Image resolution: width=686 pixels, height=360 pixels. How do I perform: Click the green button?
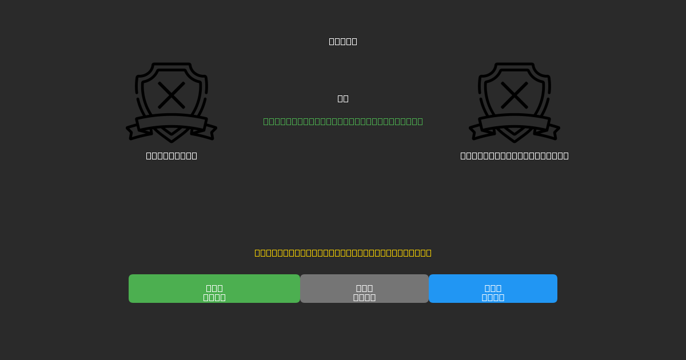click(x=214, y=289)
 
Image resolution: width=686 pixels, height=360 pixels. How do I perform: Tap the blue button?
click(x=493, y=289)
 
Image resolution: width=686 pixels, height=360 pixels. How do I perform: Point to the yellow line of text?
click(x=343, y=253)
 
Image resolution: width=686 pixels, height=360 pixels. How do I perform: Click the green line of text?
click(x=343, y=121)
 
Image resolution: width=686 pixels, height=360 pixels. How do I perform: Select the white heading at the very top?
click(x=343, y=41)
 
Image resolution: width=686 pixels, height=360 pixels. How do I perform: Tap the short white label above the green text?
click(x=343, y=98)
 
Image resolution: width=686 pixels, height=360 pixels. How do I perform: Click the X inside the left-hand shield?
click(x=171, y=95)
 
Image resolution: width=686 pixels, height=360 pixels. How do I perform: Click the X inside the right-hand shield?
click(x=514, y=95)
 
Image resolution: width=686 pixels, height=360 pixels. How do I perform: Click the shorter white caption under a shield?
click(x=171, y=155)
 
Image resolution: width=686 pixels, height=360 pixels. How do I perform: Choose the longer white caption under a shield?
click(x=514, y=155)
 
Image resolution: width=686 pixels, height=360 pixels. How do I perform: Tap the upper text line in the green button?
click(x=214, y=288)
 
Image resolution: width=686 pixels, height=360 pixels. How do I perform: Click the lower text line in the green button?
click(x=214, y=297)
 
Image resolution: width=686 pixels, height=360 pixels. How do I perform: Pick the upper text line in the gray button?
click(x=364, y=288)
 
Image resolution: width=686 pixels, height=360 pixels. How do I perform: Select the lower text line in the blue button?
click(x=493, y=297)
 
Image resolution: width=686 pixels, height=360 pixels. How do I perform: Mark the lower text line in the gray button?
click(x=364, y=297)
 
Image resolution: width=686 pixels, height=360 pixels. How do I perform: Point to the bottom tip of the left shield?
click(x=171, y=141)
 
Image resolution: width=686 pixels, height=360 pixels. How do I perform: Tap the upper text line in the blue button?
click(x=493, y=288)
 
